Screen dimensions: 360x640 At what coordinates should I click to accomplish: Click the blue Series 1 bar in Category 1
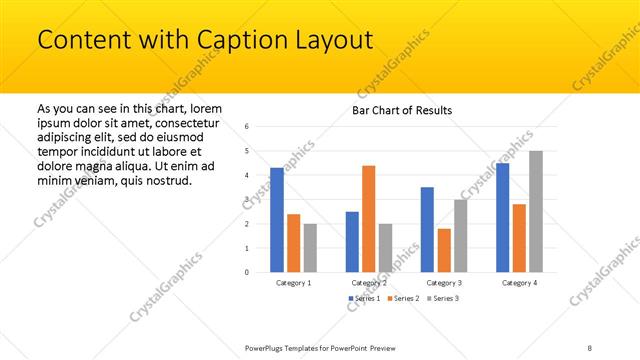pyautogui.click(x=277, y=220)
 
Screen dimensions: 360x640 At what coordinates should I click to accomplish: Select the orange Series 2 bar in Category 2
pyautogui.click(x=369, y=218)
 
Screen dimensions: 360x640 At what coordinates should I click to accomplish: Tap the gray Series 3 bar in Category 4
pyautogui.click(x=536, y=211)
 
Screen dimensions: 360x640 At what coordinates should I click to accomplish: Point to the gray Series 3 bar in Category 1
pyautogui.click(x=310, y=247)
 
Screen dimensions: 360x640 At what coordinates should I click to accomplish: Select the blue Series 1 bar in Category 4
pyautogui.click(x=502, y=217)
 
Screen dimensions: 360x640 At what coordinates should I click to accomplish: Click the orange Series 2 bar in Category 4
pyautogui.click(x=519, y=238)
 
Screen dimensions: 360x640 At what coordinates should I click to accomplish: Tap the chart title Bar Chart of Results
pyautogui.click(x=402, y=110)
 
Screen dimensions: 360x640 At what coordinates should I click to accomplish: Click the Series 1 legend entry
pyautogui.click(x=364, y=299)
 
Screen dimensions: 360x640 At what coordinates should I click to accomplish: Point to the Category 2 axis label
pyautogui.click(x=369, y=283)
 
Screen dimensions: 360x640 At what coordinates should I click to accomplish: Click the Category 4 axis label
pyautogui.click(x=519, y=283)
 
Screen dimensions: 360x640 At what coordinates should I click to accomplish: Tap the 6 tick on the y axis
pyautogui.click(x=247, y=127)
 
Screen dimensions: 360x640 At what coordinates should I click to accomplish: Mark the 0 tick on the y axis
pyautogui.click(x=247, y=272)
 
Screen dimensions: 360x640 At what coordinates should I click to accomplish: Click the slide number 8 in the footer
pyautogui.click(x=590, y=348)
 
